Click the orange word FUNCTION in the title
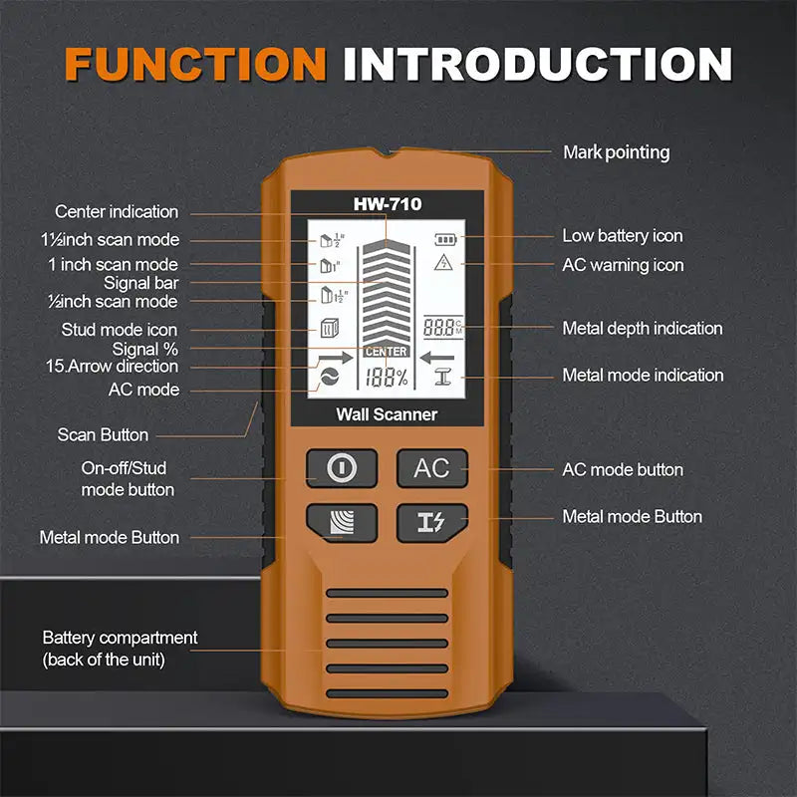click(x=195, y=64)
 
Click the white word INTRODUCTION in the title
click(x=537, y=64)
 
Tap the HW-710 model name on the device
click(x=388, y=204)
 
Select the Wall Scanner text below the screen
click(x=387, y=414)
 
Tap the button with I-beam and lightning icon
click(x=432, y=522)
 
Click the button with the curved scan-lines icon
click(x=341, y=522)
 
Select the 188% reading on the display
click(x=386, y=378)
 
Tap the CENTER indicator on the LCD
click(x=386, y=352)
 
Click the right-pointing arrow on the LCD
click(x=336, y=358)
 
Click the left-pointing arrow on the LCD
click(x=436, y=358)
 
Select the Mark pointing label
click(x=616, y=152)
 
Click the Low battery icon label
click(x=622, y=236)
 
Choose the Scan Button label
click(x=103, y=434)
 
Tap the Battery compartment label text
click(x=120, y=648)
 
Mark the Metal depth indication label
click(x=642, y=328)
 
